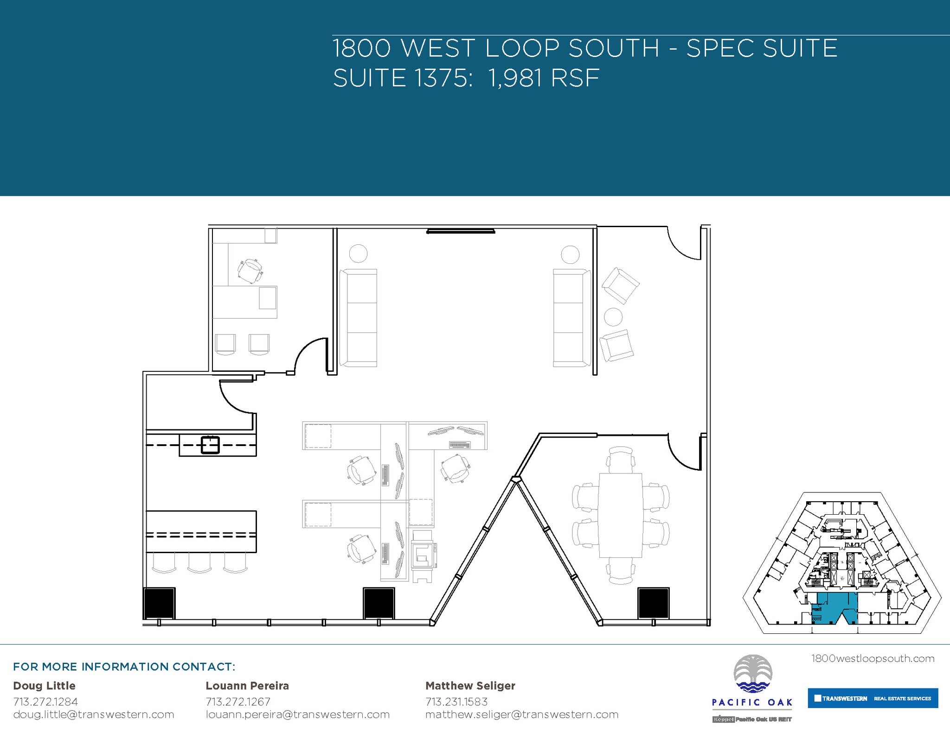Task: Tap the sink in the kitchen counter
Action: (x=210, y=445)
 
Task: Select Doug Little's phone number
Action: (x=45, y=702)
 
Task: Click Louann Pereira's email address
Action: (x=297, y=715)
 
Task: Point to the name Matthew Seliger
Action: (x=470, y=685)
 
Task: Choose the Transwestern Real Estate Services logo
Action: (x=873, y=698)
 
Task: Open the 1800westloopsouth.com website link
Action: (x=873, y=658)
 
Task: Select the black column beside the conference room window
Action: (x=653, y=603)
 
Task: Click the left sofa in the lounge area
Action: (x=358, y=318)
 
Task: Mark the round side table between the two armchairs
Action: (x=613, y=317)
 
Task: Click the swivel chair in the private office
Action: (x=250, y=271)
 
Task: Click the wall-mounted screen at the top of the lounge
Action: (x=461, y=230)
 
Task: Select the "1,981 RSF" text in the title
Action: (x=544, y=78)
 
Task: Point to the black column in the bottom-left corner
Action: (x=159, y=603)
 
